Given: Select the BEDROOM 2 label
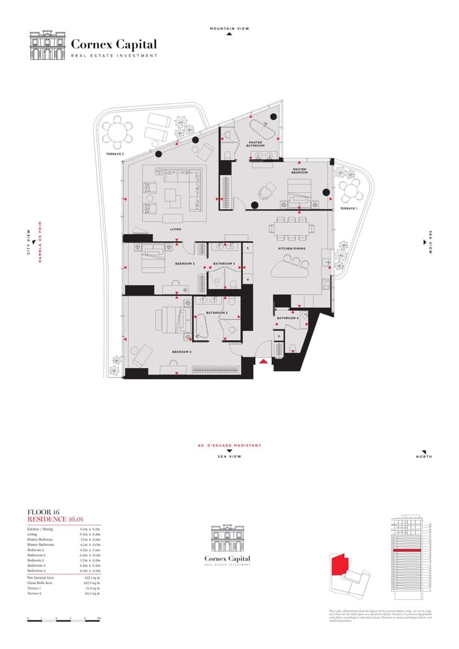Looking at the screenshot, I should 182,352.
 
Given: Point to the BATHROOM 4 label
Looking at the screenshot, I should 287,318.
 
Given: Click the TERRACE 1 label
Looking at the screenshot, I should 349,208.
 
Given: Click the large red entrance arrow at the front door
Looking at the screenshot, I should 263,361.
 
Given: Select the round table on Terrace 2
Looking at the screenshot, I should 117,132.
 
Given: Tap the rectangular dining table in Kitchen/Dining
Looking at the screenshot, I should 293,228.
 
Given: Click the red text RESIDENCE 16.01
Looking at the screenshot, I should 53,519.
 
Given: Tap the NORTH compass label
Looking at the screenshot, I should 424,457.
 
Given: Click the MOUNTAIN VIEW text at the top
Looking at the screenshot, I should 229,29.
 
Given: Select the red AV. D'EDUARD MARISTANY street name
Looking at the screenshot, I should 229,446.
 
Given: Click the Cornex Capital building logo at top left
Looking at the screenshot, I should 47,45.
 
